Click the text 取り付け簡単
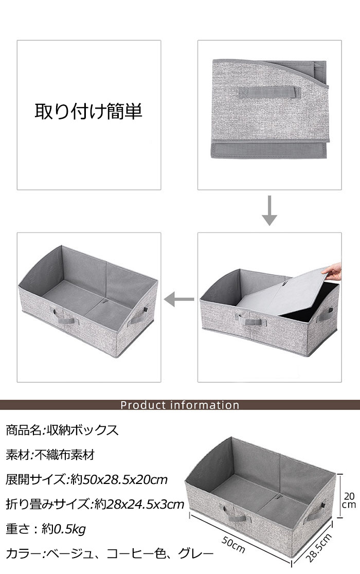click(x=88, y=111)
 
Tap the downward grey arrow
click(x=269, y=210)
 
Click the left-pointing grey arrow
click(x=179, y=299)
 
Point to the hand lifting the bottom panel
click(x=333, y=272)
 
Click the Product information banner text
click(x=179, y=405)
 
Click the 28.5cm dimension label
click(x=319, y=548)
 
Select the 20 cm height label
click(x=349, y=500)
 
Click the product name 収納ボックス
click(x=83, y=430)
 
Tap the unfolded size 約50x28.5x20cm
click(x=119, y=479)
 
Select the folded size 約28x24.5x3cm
click(x=139, y=504)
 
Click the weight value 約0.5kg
click(x=64, y=529)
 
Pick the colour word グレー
click(x=196, y=553)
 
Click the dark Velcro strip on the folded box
click(x=269, y=150)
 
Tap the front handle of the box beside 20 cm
click(x=236, y=513)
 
